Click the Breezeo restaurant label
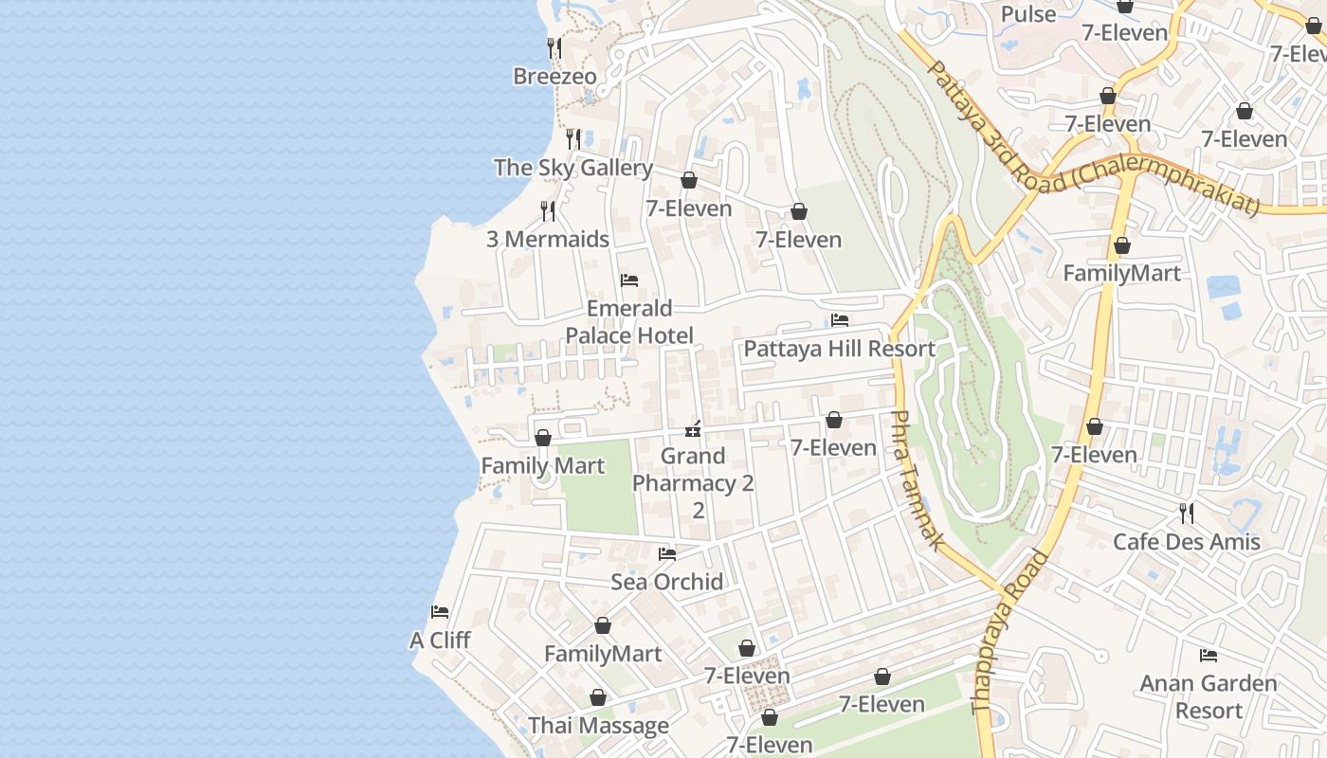click(554, 77)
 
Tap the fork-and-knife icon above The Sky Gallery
click(573, 139)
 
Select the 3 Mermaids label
click(548, 239)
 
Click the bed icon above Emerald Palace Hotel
click(628, 280)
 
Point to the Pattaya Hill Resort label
click(839, 349)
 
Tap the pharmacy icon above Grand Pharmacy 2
click(693, 429)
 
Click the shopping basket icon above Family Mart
click(543, 438)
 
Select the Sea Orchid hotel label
click(667, 582)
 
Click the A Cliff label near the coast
click(440, 641)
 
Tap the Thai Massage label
click(598, 726)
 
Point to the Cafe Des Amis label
click(1187, 542)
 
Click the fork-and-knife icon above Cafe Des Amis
click(1187, 514)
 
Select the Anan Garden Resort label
click(1209, 696)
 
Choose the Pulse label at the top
click(1028, 14)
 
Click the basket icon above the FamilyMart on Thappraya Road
click(1122, 246)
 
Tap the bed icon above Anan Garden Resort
click(1209, 655)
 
